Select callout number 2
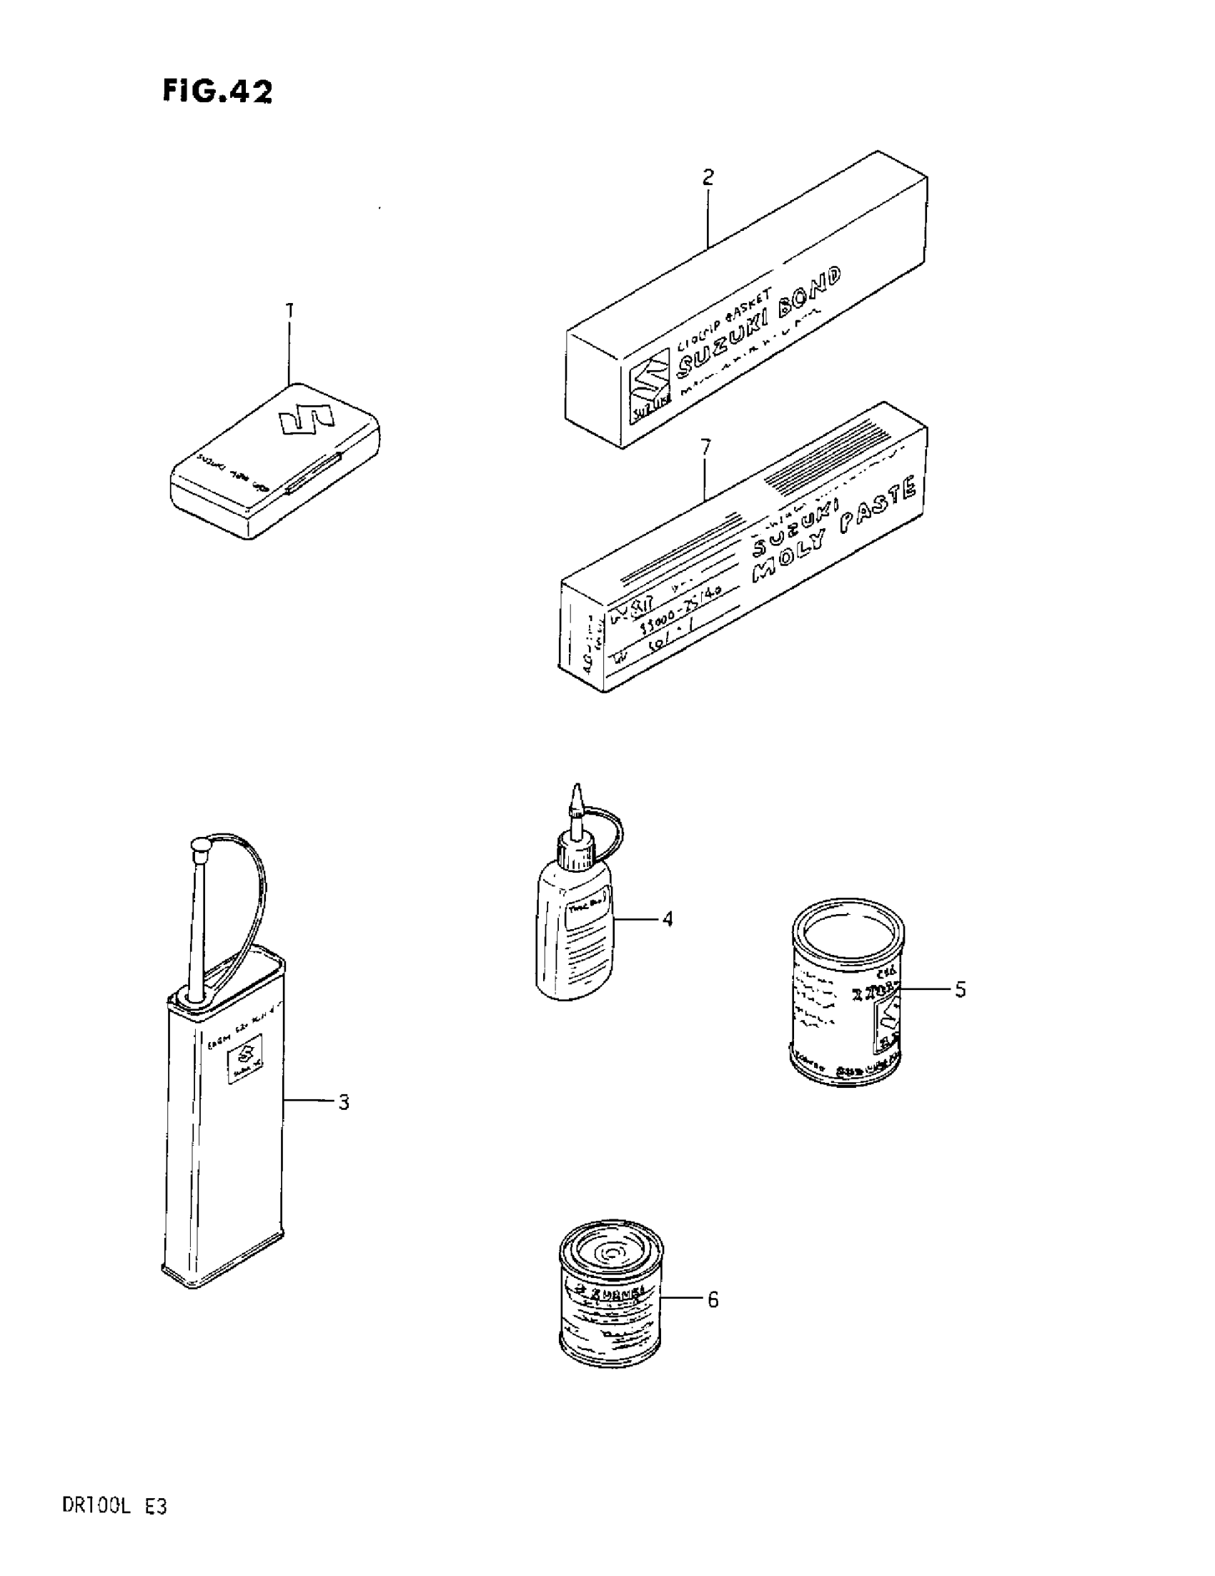pos(708,177)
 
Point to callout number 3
pos(344,1103)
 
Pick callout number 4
pos(668,919)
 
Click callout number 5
pos(961,989)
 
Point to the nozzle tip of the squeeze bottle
pos(576,790)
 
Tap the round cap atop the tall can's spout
pos(199,844)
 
